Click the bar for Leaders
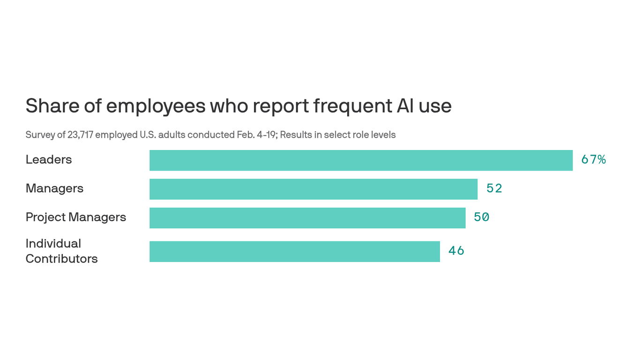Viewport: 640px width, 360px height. click(x=361, y=160)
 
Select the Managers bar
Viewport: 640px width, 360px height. click(x=313, y=189)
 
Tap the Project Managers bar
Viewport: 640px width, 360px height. click(x=307, y=218)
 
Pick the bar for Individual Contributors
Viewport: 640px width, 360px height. click(x=294, y=251)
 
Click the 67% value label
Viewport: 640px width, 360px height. click(x=593, y=160)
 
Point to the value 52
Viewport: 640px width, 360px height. click(x=494, y=188)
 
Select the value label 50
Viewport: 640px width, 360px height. click(x=482, y=217)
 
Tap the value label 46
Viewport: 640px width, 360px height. click(x=456, y=251)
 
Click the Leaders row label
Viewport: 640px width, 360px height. click(x=49, y=160)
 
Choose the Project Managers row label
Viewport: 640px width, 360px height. click(x=75, y=217)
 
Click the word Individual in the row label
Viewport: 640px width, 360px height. click(x=53, y=244)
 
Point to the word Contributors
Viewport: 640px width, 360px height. click(x=61, y=259)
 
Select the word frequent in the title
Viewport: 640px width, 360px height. click(x=352, y=106)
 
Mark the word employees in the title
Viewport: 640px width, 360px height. click(x=156, y=106)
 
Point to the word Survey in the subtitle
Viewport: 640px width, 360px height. click(x=39, y=135)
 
